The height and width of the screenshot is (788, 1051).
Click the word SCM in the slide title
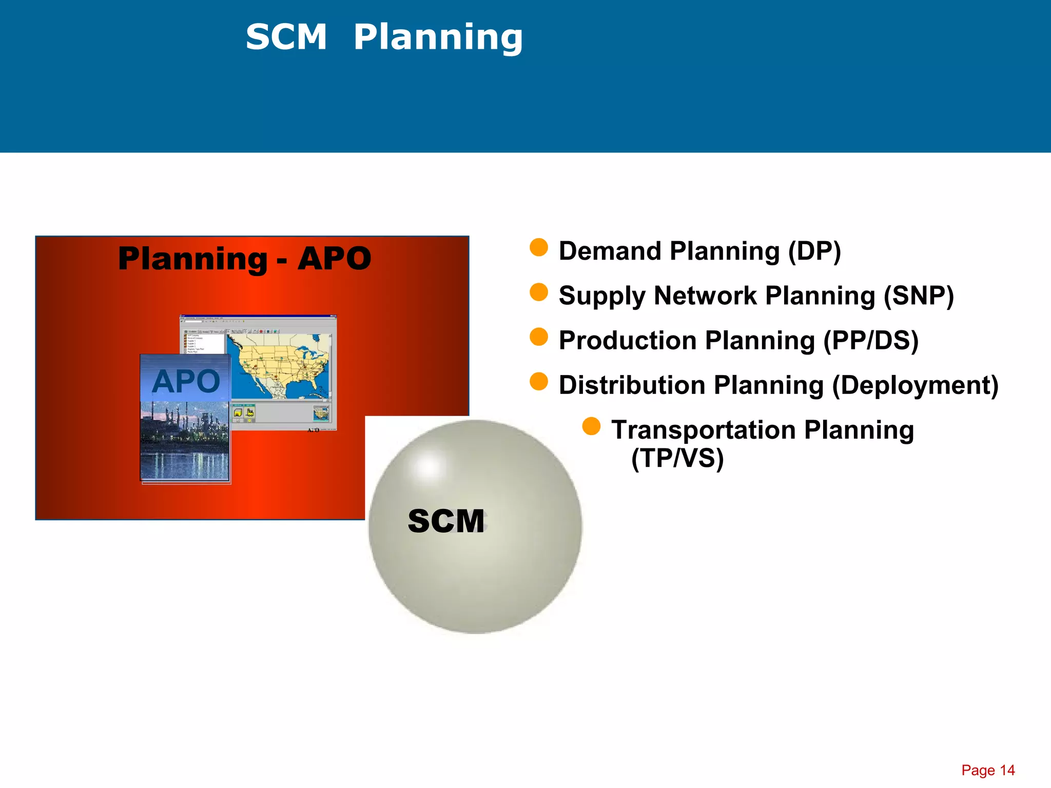pos(286,37)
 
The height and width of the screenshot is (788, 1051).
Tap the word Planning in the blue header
pos(438,37)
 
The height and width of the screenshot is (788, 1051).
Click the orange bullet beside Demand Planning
pos(538,247)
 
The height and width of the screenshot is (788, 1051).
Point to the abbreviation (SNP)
pos(918,296)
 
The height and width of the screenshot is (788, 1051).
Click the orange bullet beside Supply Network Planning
pos(538,292)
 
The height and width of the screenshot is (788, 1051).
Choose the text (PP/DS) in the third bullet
pos(870,341)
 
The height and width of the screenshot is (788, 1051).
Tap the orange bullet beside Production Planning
pos(538,337)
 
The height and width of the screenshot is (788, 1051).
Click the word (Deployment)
pos(914,385)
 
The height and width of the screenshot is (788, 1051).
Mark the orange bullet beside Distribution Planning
pos(538,382)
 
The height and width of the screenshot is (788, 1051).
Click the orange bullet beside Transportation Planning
pos(591,426)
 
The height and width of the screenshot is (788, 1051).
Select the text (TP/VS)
pos(677,458)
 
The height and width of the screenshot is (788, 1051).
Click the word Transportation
pos(703,430)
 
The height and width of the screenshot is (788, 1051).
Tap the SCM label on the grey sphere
pos(445,521)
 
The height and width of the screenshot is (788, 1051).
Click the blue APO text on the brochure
pos(186,381)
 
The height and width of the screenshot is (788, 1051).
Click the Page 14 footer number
pos(987,770)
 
